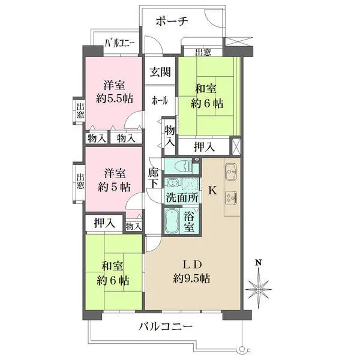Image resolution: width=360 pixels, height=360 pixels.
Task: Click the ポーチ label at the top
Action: [172, 22]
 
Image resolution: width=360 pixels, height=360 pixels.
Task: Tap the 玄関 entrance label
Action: [160, 73]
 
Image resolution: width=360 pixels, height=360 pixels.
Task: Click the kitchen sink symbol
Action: [232, 172]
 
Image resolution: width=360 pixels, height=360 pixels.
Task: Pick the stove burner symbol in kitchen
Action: [232, 196]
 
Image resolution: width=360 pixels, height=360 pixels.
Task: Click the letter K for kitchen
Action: [212, 191]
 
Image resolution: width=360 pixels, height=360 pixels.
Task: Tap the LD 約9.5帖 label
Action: [191, 271]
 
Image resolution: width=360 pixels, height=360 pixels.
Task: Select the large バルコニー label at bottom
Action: [165, 327]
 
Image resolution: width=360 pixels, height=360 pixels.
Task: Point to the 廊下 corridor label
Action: [153, 178]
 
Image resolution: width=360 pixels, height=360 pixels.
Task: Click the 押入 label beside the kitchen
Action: [205, 146]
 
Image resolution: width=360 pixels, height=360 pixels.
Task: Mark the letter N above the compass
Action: [259, 263]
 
